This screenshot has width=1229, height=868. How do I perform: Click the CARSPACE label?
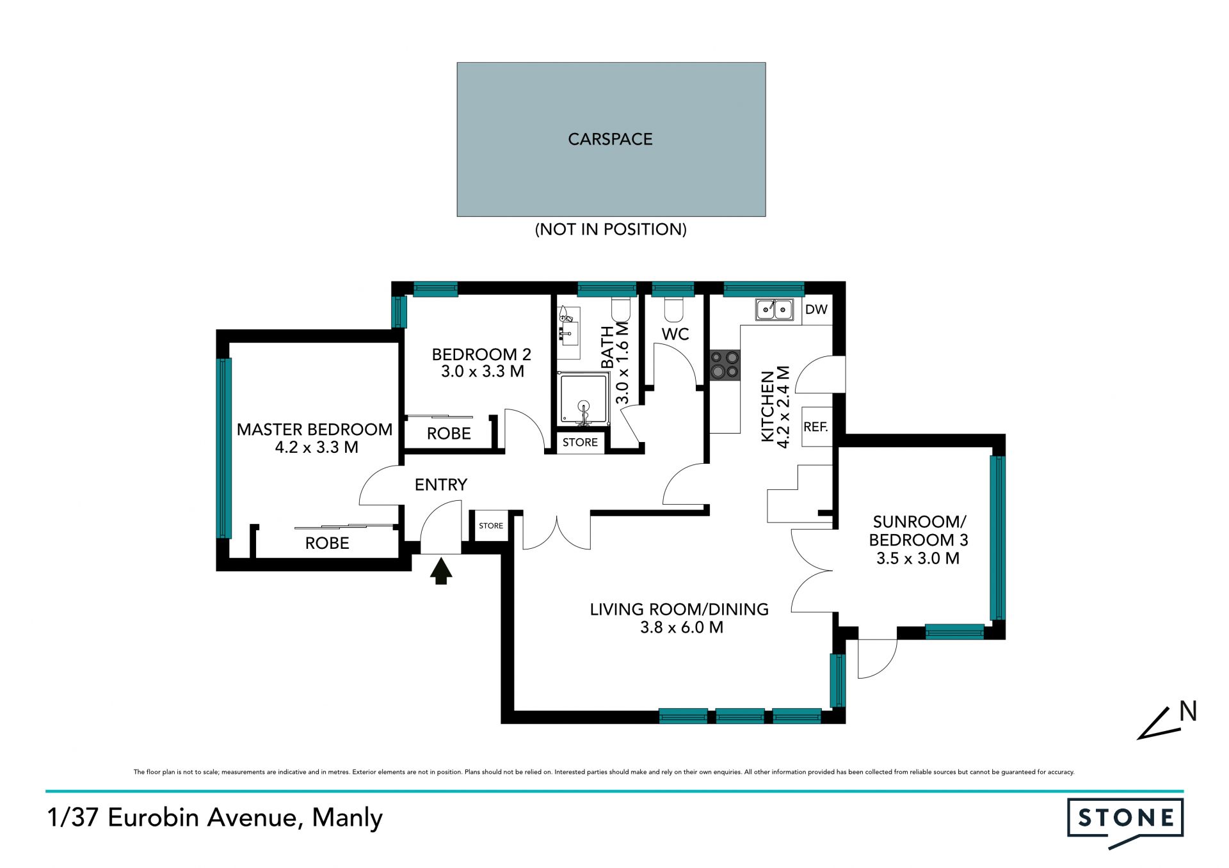[x=610, y=139]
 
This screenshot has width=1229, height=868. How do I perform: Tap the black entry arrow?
[x=441, y=571]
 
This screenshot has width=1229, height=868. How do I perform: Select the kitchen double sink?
[x=775, y=310]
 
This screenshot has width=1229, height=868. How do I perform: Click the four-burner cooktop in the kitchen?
[x=725, y=365]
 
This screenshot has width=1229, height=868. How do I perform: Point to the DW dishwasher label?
[x=816, y=310]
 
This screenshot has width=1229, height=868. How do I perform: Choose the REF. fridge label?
[x=815, y=427]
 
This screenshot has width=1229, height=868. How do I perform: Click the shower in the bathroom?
[x=583, y=398]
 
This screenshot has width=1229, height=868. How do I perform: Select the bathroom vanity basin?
[x=568, y=333]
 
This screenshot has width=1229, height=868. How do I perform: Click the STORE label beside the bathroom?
[x=580, y=442]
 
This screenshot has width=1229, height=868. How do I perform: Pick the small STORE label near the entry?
[x=491, y=526]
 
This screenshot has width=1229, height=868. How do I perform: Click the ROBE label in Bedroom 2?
[x=449, y=434]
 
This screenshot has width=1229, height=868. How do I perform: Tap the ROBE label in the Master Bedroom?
[x=327, y=543]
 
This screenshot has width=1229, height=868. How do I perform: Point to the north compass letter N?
[x=1188, y=711]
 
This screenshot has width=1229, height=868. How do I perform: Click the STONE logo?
[x=1125, y=821]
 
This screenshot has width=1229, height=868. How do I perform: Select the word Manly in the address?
[x=348, y=818]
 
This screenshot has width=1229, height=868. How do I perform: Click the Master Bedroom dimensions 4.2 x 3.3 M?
[x=316, y=447]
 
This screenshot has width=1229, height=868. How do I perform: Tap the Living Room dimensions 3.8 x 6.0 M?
[x=682, y=627]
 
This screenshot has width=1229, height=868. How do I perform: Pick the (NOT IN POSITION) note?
[x=611, y=229]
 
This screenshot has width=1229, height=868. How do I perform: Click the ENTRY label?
[x=441, y=485]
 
